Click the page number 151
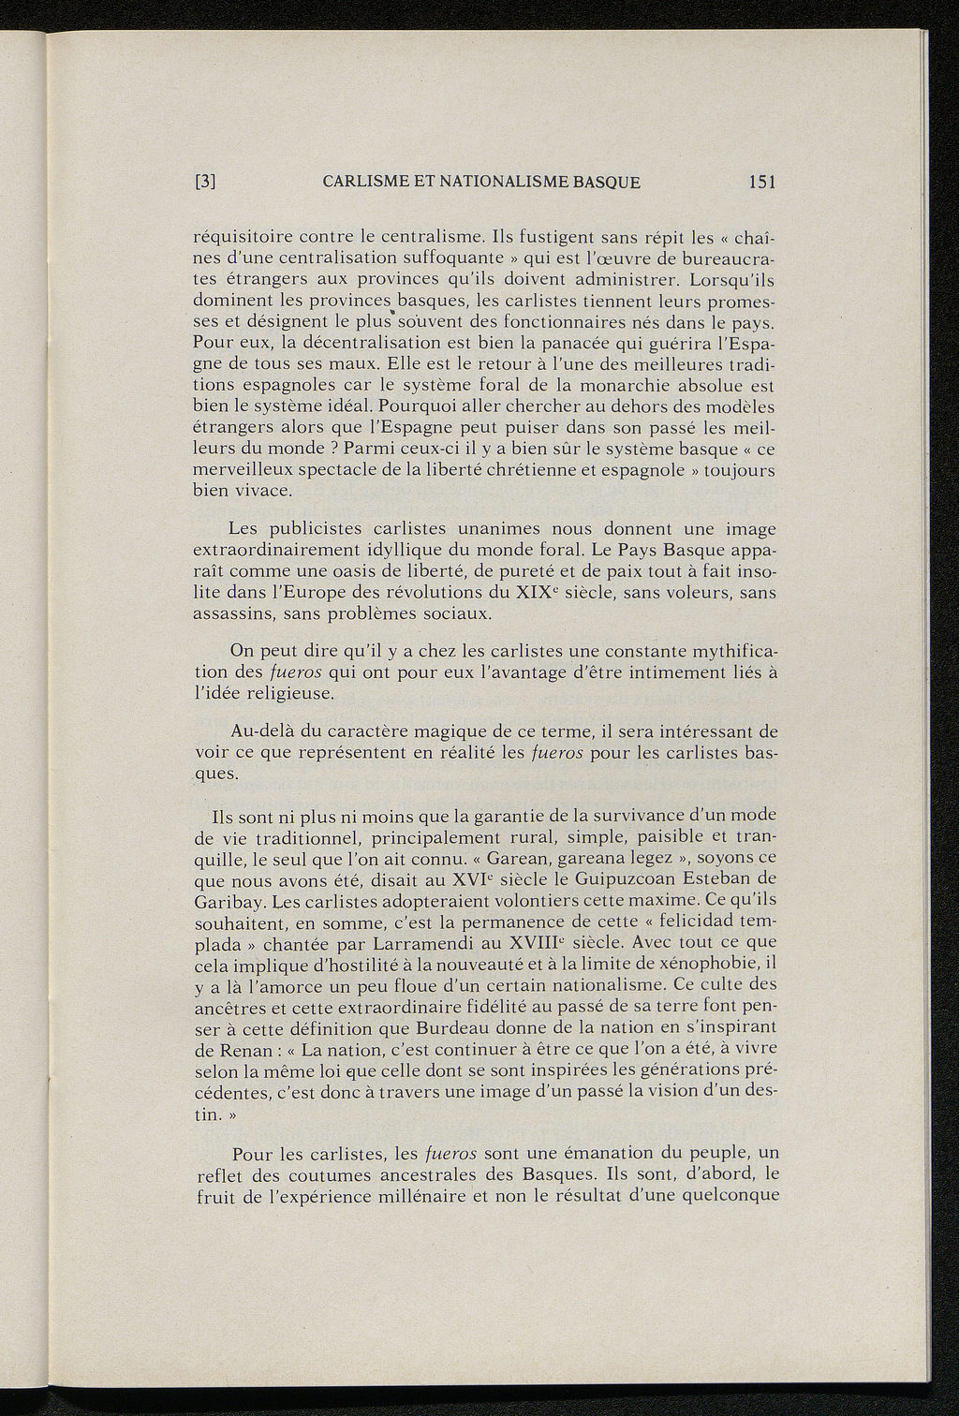click(761, 182)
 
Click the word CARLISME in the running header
click(361, 182)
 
